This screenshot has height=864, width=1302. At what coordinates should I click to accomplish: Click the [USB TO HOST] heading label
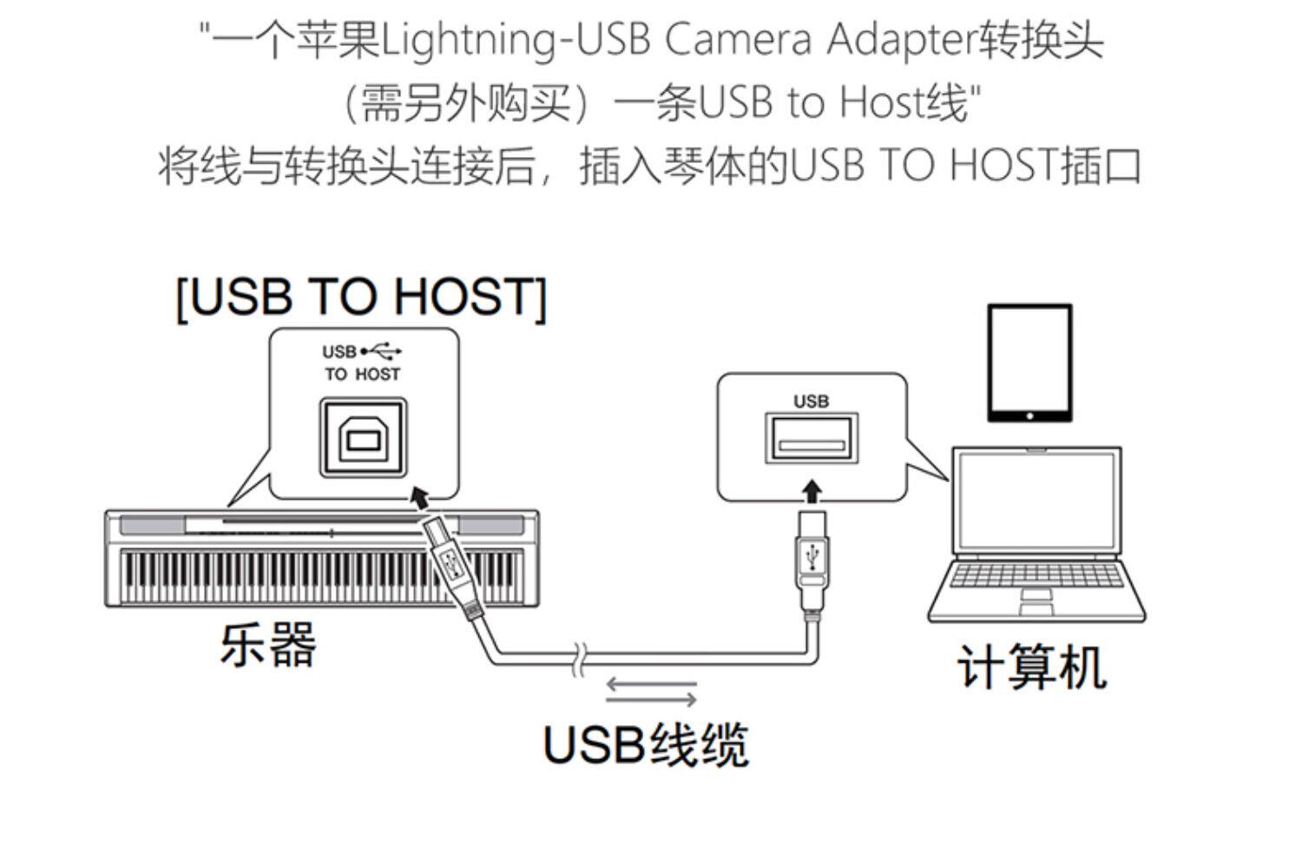[361, 298]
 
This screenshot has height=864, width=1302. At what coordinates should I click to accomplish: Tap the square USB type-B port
[363, 438]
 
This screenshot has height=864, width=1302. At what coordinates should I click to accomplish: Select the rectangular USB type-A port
[812, 439]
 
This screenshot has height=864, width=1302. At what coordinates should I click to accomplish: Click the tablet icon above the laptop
[1029, 363]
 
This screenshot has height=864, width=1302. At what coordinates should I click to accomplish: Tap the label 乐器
[268, 645]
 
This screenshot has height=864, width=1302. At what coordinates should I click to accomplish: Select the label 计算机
[1031, 667]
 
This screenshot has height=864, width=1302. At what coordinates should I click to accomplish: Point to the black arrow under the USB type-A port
[812, 491]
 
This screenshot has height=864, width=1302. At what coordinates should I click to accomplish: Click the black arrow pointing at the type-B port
[419, 497]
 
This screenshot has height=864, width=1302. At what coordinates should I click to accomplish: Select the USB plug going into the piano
[450, 562]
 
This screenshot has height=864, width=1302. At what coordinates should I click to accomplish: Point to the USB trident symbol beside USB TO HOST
[382, 351]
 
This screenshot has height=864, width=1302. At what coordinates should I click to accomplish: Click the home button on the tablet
[1029, 416]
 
